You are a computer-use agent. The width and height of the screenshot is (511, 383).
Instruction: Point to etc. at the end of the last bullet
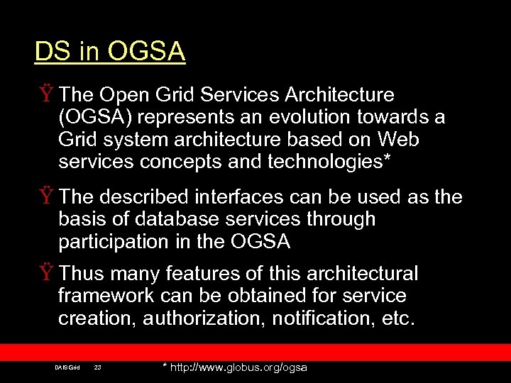(397, 318)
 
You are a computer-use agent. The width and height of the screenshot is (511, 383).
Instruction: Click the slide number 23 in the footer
(97, 367)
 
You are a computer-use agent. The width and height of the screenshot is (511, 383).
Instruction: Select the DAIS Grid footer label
(67, 367)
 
